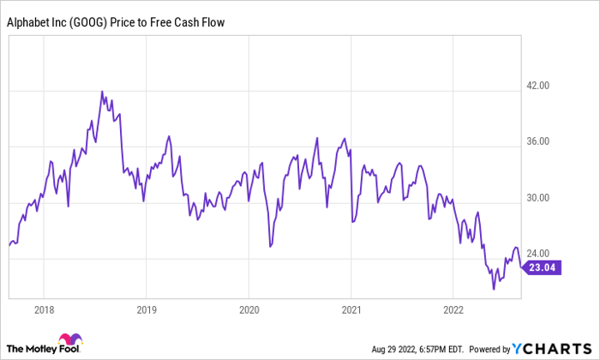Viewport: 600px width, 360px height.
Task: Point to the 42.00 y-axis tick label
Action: pos(537,86)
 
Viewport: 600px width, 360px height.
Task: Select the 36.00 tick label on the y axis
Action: pos(537,142)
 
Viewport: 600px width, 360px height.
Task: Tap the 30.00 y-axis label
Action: pos(537,199)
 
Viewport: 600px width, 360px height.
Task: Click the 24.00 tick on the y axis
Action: pos(537,255)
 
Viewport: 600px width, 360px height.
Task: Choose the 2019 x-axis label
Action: pos(147,309)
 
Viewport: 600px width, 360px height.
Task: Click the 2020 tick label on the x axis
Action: pos(249,309)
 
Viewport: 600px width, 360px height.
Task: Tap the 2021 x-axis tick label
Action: pos(351,309)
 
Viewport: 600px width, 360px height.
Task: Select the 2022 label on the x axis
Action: pos(453,309)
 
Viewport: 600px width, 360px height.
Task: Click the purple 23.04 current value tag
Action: pos(541,268)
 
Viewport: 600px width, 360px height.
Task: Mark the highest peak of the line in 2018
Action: pos(102,92)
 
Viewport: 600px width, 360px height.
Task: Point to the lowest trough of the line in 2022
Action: pos(494,289)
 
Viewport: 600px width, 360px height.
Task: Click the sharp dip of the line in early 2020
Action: pos(270,246)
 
